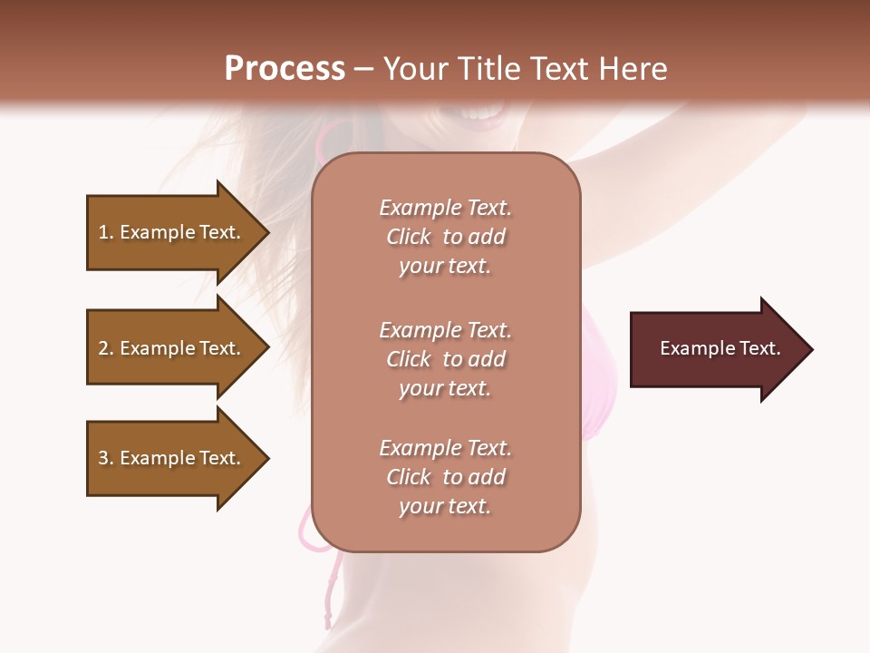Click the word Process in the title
click(x=285, y=68)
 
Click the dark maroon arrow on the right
click(x=716, y=349)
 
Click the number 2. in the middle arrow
click(x=106, y=348)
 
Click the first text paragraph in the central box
click(x=445, y=237)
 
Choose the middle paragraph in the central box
click(x=445, y=359)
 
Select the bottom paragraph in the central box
click(x=445, y=477)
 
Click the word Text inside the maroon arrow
click(x=760, y=348)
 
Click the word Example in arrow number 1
click(x=157, y=232)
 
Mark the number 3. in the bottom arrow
click(x=106, y=458)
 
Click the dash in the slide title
click(x=363, y=69)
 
